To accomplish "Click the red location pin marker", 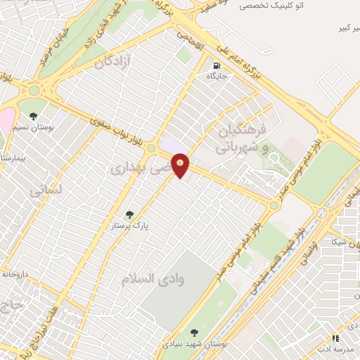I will point(181,165).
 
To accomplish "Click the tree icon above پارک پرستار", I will point(129,215).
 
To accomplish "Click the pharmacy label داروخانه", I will point(14,274).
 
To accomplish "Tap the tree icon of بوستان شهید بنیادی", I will point(194,333).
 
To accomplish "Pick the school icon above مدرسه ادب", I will point(335,339).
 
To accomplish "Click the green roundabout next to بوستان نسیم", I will point(33,91).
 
